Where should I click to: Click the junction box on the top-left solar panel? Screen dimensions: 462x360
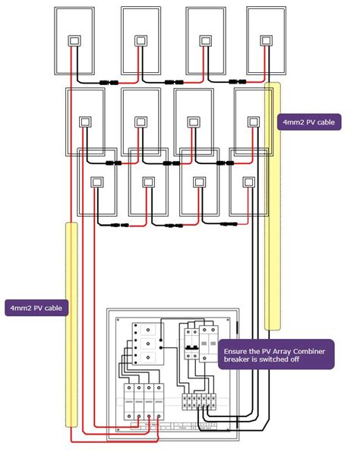click(74, 41)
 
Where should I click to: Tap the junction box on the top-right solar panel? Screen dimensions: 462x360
click(266, 41)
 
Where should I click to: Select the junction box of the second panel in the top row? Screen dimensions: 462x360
click(140, 41)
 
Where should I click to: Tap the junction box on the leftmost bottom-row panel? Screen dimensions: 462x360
click(97, 182)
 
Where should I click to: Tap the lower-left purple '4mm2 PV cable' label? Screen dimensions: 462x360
click(36, 308)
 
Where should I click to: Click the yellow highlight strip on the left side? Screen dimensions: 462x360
click(72, 327)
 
